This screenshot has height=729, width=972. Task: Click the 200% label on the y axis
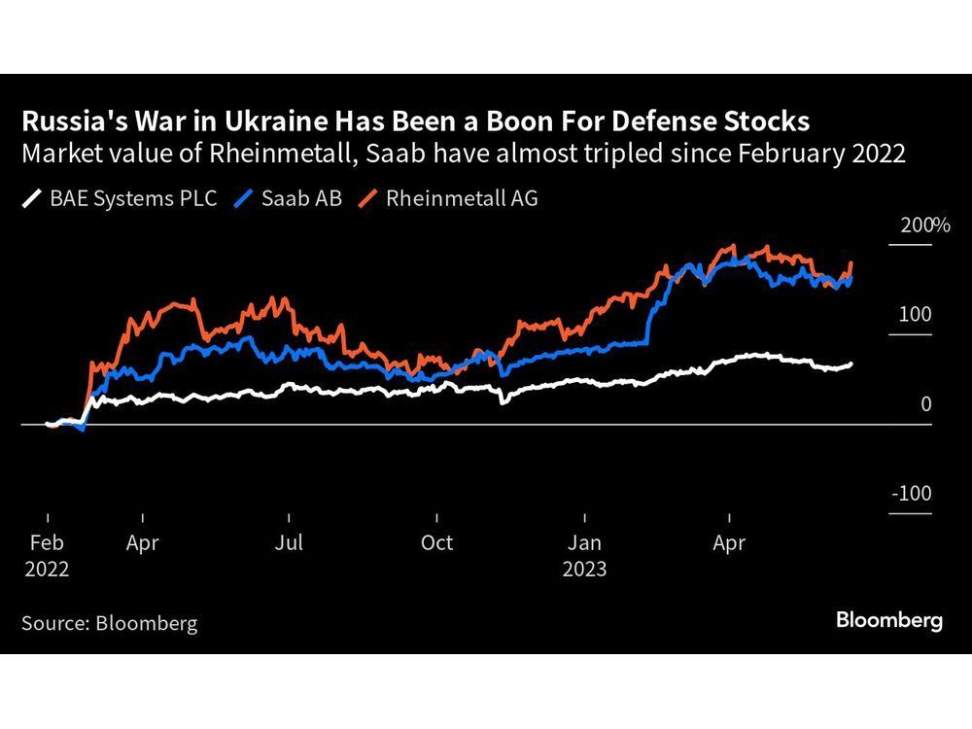pyautogui.click(x=924, y=226)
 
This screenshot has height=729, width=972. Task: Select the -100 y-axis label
pyautogui.click(x=911, y=494)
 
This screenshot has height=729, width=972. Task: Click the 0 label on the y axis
pyautogui.click(x=925, y=404)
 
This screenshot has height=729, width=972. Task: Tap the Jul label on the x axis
pyautogui.click(x=289, y=542)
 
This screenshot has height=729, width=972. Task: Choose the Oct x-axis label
pyautogui.click(x=436, y=542)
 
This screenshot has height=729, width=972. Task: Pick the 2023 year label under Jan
pyautogui.click(x=584, y=569)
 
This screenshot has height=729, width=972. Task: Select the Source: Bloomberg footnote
pyautogui.click(x=109, y=623)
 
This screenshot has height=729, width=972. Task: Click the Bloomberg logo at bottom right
pyautogui.click(x=889, y=620)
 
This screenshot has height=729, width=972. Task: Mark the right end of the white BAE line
pyautogui.click(x=851, y=364)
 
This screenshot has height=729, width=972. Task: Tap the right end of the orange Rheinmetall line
pyautogui.click(x=851, y=262)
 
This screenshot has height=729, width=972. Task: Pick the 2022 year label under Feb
pyautogui.click(x=47, y=569)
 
